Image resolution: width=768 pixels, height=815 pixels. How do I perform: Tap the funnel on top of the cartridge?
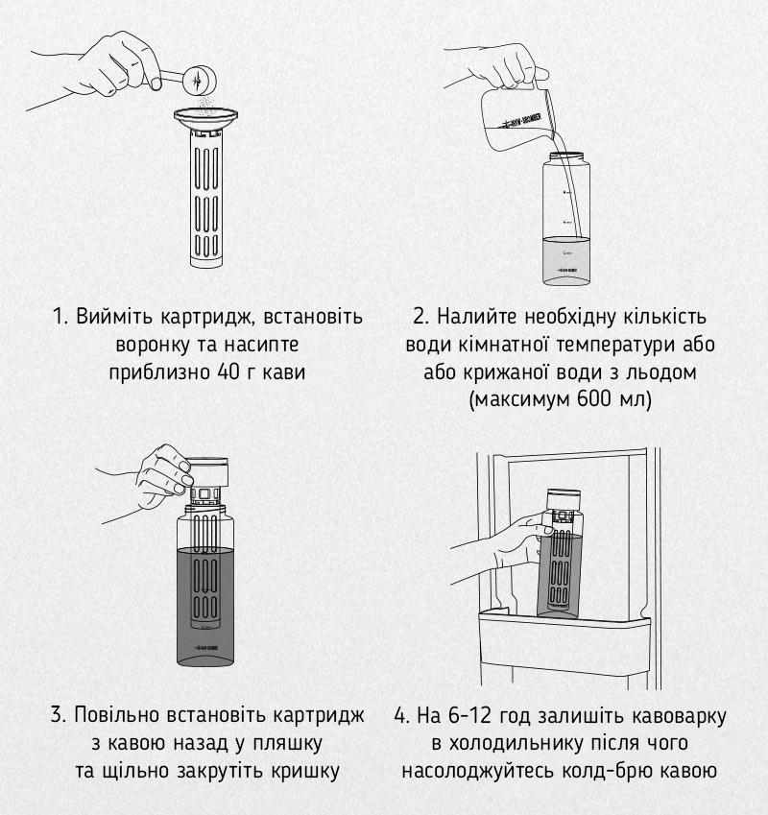[205, 119]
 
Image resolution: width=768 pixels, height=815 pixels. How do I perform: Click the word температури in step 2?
[609, 346]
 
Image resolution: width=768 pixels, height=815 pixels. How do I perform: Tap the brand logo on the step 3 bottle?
[205, 648]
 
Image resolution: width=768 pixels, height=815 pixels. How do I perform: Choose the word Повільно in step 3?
[117, 715]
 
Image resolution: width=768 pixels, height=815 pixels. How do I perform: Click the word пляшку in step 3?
[287, 744]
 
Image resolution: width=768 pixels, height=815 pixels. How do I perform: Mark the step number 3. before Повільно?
[59, 716]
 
